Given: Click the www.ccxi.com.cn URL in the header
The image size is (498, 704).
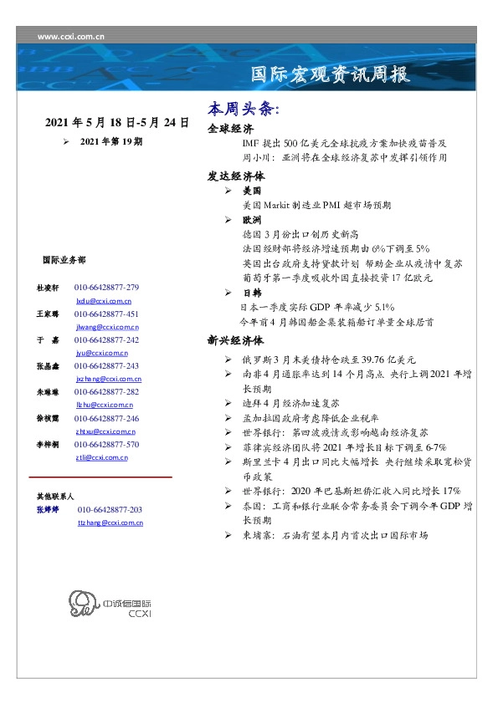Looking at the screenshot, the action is (71, 37).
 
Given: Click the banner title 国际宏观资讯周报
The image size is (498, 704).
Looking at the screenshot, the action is (331, 74).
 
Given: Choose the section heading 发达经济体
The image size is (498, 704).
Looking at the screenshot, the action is (236, 177).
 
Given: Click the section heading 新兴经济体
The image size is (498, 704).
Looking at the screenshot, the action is (236, 341).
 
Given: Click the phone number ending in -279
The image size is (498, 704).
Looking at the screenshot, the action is (107, 288).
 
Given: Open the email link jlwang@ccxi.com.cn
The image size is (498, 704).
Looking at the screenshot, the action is (107, 327).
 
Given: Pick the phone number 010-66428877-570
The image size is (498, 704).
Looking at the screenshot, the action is (107, 445).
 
